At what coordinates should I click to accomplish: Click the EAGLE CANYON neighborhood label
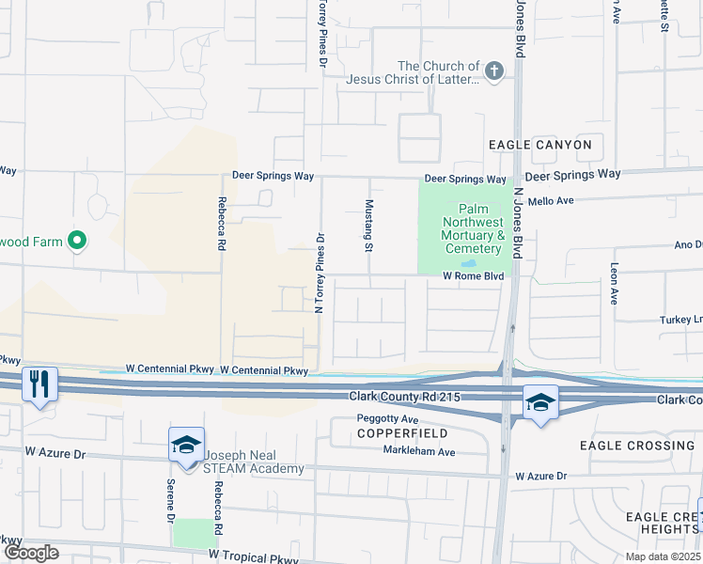(540, 145)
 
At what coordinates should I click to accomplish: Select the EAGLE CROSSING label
(637, 445)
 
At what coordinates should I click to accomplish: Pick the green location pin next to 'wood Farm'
(79, 242)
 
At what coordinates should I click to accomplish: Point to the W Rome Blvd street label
(474, 276)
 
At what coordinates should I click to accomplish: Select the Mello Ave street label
(552, 200)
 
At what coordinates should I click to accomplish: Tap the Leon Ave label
(614, 283)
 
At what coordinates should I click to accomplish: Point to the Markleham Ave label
(418, 452)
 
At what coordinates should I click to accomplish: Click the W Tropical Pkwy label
(254, 556)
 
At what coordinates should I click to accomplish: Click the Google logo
(30, 553)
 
